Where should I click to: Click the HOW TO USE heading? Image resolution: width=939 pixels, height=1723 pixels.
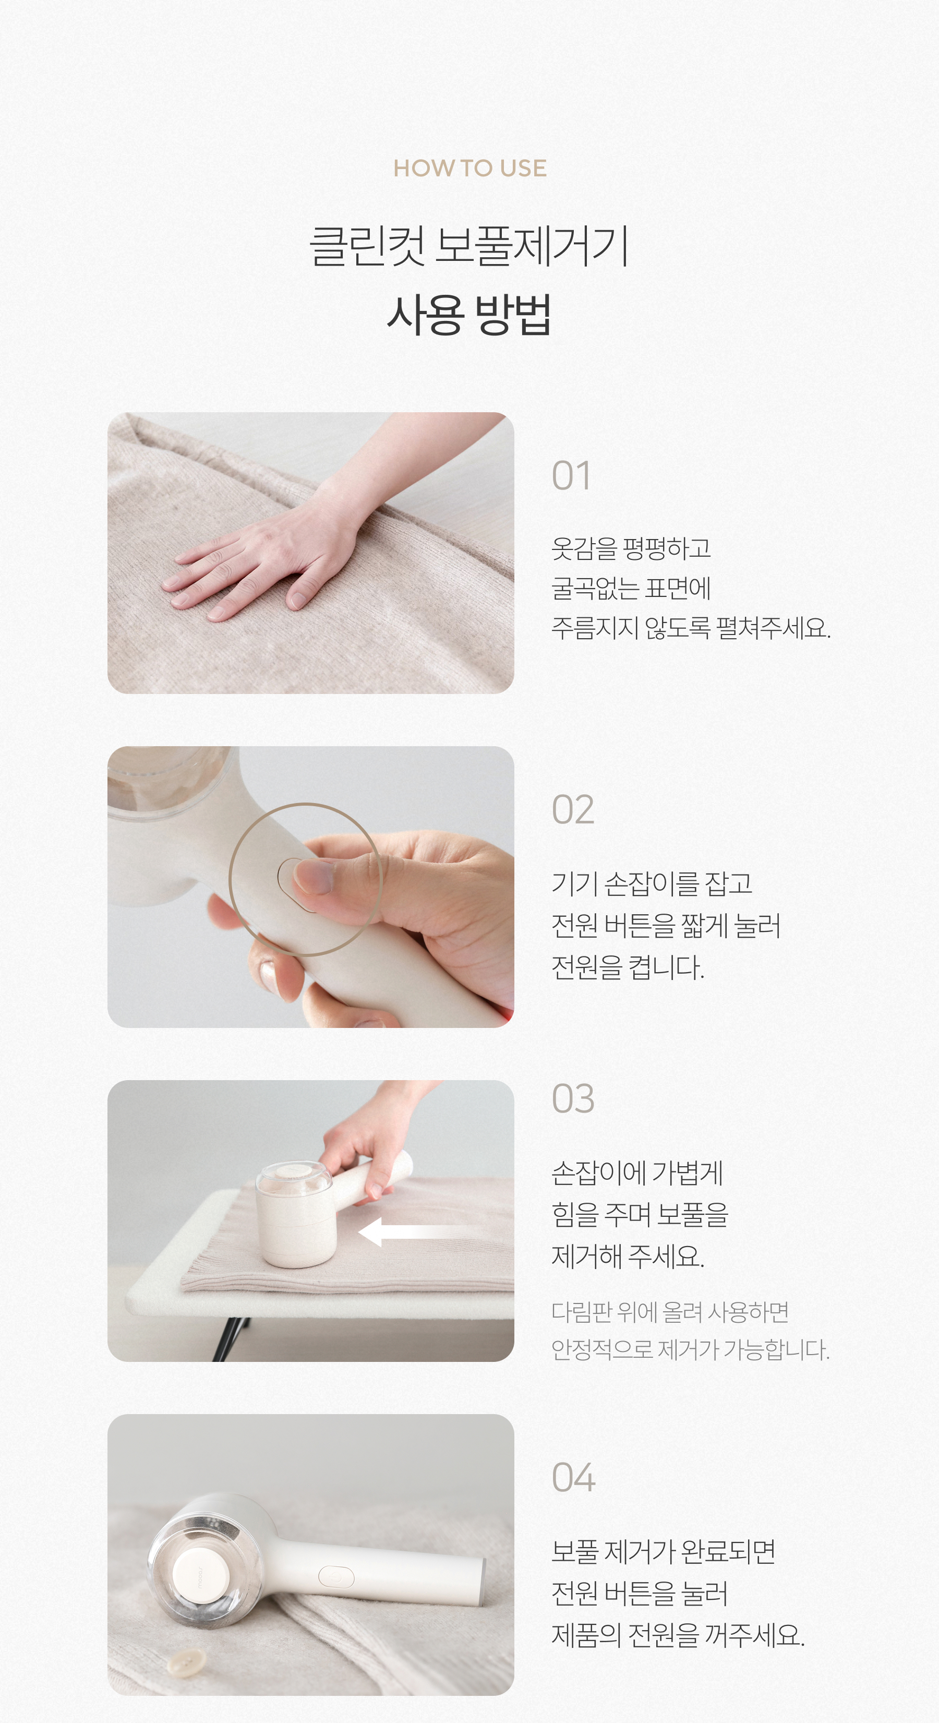click(x=469, y=168)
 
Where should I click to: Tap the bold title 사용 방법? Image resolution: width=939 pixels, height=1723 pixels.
click(x=469, y=314)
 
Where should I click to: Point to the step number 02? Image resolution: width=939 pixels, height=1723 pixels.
click(x=572, y=810)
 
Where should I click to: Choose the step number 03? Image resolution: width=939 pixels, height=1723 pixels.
click(x=572, y=1098)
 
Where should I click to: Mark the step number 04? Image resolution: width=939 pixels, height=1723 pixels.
click(x=573, y=1478)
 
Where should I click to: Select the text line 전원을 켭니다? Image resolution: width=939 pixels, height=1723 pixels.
click(x=628, y=967)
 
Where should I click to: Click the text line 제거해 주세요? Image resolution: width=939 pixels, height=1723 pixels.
click(x=628, y=1256)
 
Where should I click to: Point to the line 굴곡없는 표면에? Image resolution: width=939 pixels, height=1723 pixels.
click(x=631, y=588)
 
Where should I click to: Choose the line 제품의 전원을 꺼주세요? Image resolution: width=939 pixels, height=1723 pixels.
click(x=678, y=1635)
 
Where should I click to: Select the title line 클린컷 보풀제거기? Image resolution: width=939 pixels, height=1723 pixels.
click(x=469, y=245)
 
